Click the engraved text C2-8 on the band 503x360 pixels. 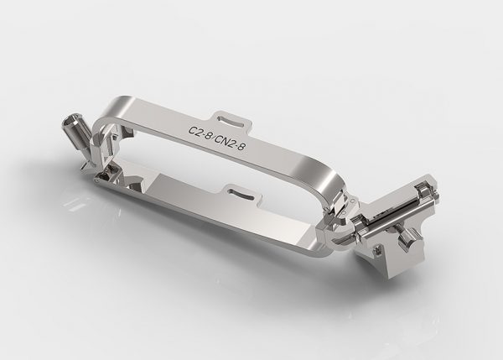[200, 133]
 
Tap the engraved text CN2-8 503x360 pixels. [231, 143]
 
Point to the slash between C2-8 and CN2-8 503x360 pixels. [213, 138]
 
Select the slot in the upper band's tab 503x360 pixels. [229, 121]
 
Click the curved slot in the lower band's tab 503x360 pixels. [241, 193]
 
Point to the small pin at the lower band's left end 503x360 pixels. [97, 180]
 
